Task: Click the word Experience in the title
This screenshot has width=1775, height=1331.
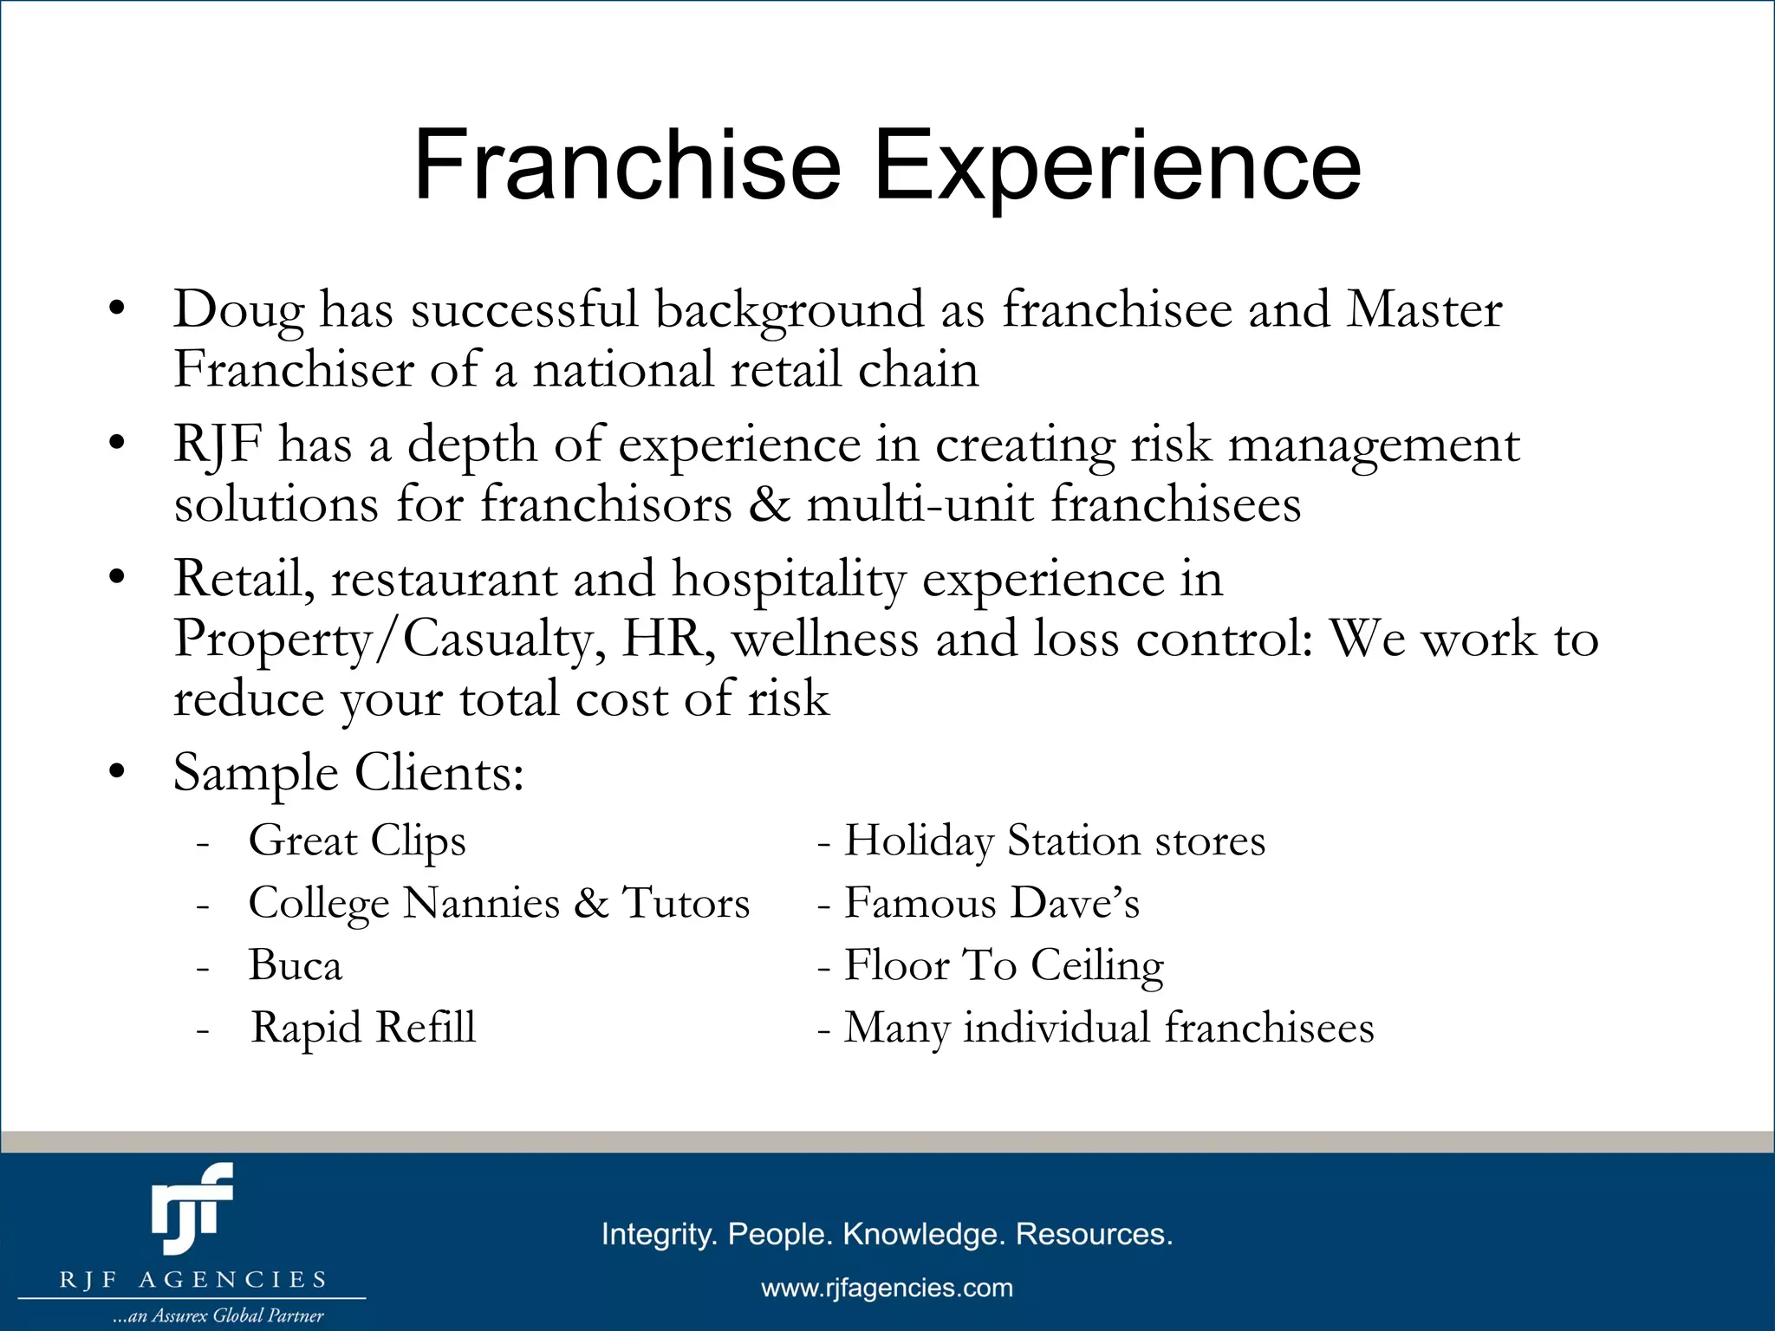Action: tap(1117, 166)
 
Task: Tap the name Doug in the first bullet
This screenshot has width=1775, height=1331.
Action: tap(239, 309)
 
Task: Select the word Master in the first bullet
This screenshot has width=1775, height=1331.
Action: tap(1424, 309)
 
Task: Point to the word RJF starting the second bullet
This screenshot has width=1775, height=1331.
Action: tap(218, 445)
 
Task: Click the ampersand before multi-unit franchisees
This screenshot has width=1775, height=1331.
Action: tap(770, 504)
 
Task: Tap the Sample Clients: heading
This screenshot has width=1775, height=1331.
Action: tap(348, 773)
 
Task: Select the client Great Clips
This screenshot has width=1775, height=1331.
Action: tap(357, 841)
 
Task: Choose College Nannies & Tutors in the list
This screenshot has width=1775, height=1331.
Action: tap(498, 904)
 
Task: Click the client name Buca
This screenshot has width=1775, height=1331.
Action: tap(295, 965)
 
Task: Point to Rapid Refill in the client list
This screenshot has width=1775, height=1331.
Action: tap(363, 1028)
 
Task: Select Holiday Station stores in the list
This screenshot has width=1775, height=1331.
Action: tap(1054, 841)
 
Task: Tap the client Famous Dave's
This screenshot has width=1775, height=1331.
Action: tap(992, 904)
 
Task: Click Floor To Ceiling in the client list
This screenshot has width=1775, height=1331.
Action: tap(1004, 965)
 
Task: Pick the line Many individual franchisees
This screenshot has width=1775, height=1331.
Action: tap(1109, 1028)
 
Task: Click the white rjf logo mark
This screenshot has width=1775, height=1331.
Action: tap(192, 1209)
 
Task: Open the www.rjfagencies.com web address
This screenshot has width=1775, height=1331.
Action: tap(887, 1288)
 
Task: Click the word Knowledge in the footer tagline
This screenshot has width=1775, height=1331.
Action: tap(924, 1234)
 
